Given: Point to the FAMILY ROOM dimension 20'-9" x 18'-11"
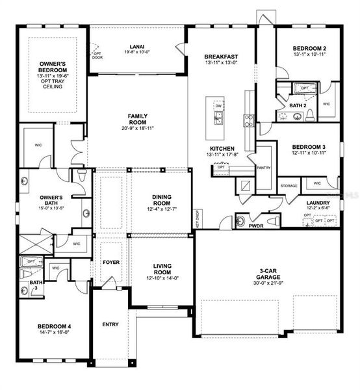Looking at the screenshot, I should pos(138,128).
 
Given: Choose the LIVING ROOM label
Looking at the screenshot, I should pos(161,268).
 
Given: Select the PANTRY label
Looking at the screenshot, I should pos(264,168).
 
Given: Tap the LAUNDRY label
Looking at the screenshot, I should pos(318,202).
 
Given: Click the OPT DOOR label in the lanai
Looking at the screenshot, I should pos(97,55).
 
